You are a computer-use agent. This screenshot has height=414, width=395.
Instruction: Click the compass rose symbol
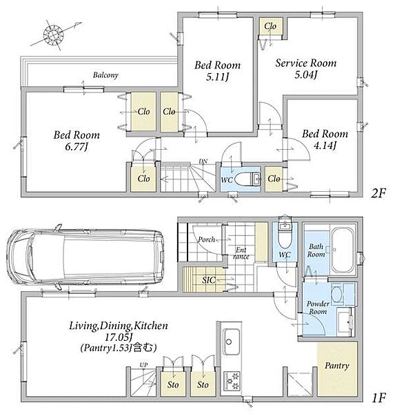coord(54,35)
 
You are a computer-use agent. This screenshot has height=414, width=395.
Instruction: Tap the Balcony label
coord(105,75)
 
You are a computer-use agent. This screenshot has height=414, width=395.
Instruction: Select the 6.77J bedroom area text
coord(77,147)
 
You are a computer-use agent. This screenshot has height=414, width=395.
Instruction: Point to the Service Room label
coord(306,63)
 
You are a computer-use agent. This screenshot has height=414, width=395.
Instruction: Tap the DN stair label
coord(203,161)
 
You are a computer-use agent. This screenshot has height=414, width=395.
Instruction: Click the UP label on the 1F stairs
coord(144,365)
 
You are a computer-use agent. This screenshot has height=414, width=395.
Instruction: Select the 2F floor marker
coord(378,194)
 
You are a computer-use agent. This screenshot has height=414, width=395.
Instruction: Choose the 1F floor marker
coord(379,397)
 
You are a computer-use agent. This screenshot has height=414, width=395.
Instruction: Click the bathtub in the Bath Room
coord(343,250)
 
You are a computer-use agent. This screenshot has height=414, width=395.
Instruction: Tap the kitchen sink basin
coord(232,342)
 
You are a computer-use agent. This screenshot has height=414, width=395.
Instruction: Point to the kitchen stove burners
coord(232,382)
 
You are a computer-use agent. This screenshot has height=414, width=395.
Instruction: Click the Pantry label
coord(337,366)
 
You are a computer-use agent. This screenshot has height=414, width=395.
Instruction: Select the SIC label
coord(209,280)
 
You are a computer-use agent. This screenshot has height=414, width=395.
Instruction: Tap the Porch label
coord(207,239)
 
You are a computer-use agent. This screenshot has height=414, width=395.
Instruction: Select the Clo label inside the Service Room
coord(270,26)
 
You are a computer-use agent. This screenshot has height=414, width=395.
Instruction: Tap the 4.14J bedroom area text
coord(325,146)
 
